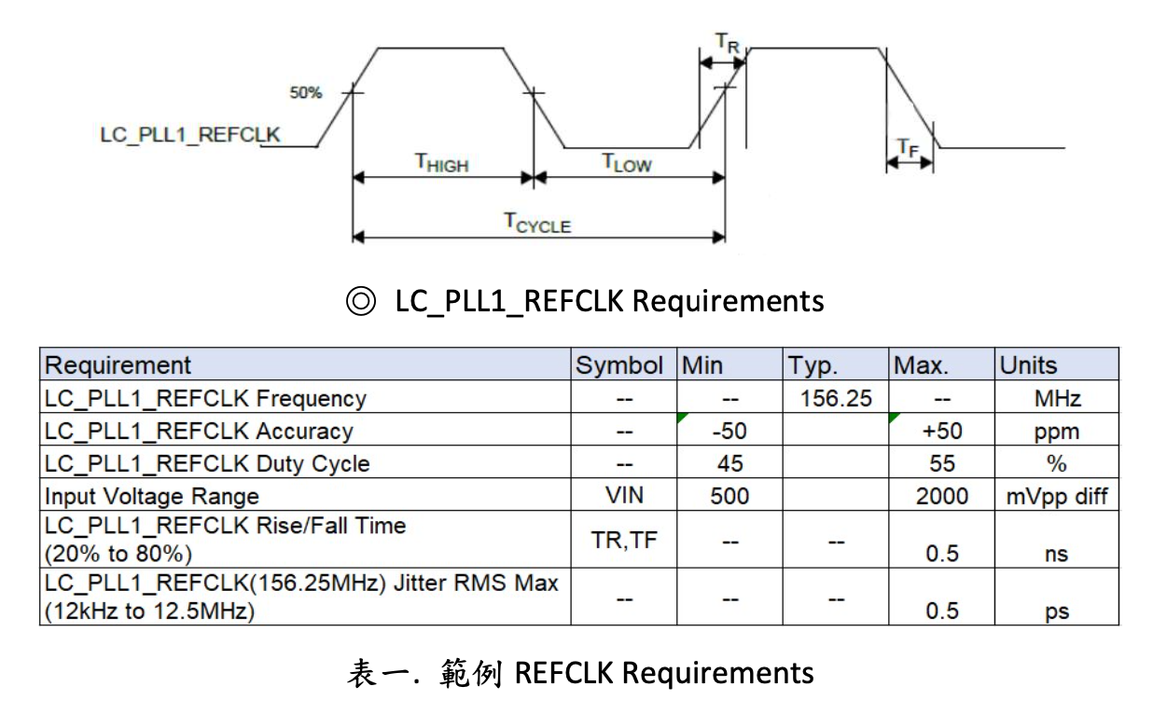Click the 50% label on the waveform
point(305,92)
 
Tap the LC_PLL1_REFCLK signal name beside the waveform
point(190,135)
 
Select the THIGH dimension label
point(441,163)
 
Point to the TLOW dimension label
point(626,163)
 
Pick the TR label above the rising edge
point(728,42)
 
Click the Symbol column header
point(619,365)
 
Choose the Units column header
point(1028,365)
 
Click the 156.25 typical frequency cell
point(836,399)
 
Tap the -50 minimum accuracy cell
point(729,432)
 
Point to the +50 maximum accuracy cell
point(942,432)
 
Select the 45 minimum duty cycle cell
point(729,464)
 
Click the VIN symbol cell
point(624,496)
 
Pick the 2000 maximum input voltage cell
point(942,496)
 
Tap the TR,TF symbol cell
point(624,540)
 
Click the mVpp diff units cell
point(1056,496)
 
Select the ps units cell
point(1056,611)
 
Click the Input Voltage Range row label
point(152,496)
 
